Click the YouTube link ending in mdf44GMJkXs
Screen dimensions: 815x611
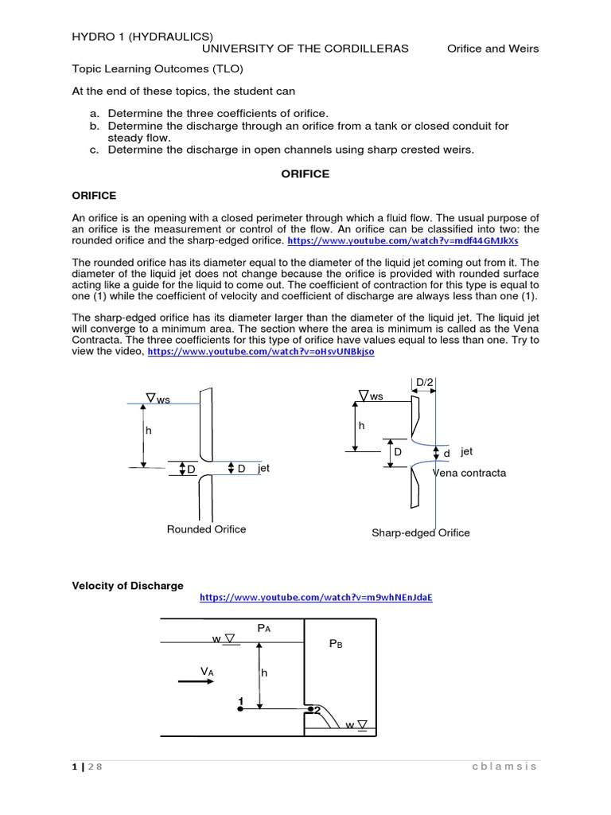[x=402, y=240]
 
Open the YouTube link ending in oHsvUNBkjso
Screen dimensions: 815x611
[x=261, y=351]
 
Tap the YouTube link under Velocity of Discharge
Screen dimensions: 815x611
[x=315, y=598]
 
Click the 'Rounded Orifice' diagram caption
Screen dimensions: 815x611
[x=206, y=529]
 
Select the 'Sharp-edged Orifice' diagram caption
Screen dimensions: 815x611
[x=421, y=532]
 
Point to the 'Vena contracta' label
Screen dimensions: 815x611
[x=469, y=473]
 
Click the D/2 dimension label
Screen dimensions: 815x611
[x=425, y=383]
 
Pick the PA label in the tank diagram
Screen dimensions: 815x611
[x=264, y=629]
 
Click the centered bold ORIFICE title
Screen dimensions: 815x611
[x=305, y=174]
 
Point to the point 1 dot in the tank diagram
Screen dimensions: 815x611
[x=240, y=707]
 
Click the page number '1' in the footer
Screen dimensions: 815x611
[x=74, y=766]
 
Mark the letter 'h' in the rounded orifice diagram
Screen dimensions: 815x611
[x=147, y=430]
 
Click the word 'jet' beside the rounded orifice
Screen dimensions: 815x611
[x=263, y=469]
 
